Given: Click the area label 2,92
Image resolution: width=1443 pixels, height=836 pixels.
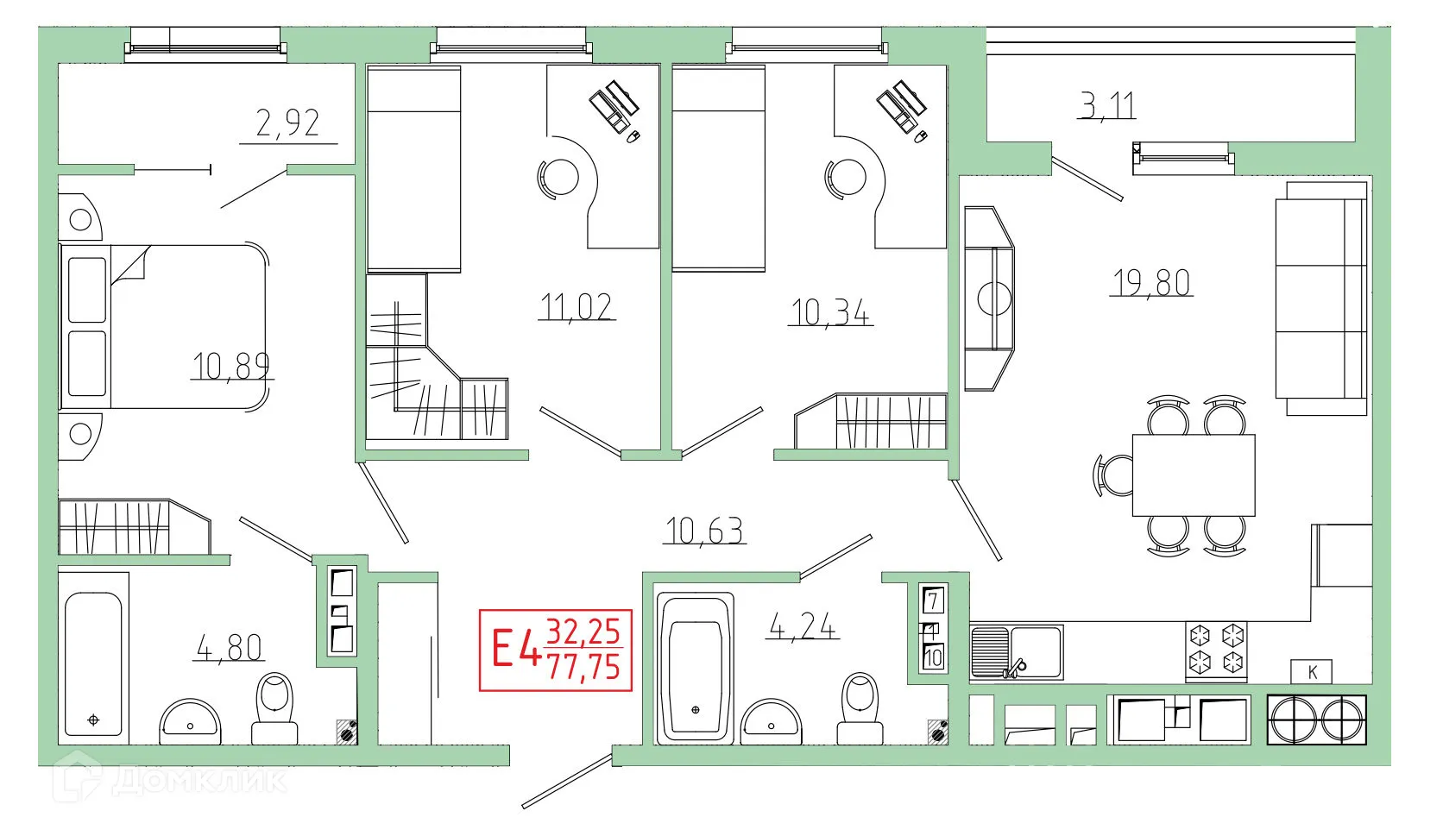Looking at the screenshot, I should [x=287, y=123].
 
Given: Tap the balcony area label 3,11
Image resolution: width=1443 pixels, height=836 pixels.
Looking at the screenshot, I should [x=1106, y=105].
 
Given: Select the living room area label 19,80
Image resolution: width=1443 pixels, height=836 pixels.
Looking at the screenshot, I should [x=1151, y=282].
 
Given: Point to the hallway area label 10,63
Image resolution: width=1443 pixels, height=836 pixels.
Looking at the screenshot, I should [x=704, y=531].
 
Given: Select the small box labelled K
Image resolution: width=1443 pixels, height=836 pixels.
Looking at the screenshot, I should [x=1312, y=672].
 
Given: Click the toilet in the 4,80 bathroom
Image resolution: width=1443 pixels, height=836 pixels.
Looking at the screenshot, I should [x=275, y=707].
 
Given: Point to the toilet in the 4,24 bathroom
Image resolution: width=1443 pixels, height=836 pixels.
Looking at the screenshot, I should [x=860, y=707].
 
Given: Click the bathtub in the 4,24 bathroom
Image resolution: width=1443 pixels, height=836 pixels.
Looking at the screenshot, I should [x=696, y=667].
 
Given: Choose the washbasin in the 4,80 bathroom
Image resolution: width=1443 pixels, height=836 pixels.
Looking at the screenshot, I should [x=190, y=721].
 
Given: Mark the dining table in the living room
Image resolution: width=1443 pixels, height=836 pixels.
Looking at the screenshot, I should [x=1193, y=475].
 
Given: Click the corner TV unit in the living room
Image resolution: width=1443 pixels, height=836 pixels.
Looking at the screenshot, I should [x=989, y=298].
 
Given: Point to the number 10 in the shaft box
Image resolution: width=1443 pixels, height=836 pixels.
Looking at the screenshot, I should [x=933, y=657].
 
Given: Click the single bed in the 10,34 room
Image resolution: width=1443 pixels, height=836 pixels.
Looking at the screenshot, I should [x=718, y=168].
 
